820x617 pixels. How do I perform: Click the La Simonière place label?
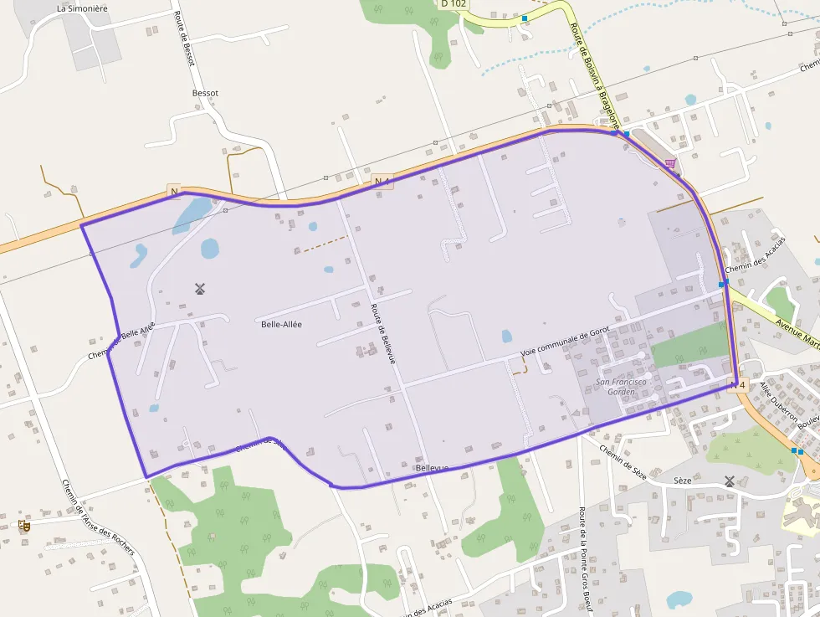coord(83,8)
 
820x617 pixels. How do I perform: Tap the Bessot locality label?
coord(205,93)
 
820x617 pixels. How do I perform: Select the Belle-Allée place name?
coord(281,324)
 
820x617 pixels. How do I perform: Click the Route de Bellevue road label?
coord(382,332)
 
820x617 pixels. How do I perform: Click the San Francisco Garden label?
coord(621,386)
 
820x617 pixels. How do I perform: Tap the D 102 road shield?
coord(453,3)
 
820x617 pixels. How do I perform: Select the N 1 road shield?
coord(382,181)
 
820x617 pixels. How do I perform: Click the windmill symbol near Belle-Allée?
coord(200,290)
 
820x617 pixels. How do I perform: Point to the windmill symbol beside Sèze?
coord(730,481)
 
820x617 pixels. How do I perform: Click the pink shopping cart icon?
coord(670,163)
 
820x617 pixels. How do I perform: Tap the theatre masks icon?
coord(24,526)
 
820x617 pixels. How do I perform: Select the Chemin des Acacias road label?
coord(756,255)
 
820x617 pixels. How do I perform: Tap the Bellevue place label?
coord(432,468)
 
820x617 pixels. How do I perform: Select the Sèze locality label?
coord(682,481)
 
